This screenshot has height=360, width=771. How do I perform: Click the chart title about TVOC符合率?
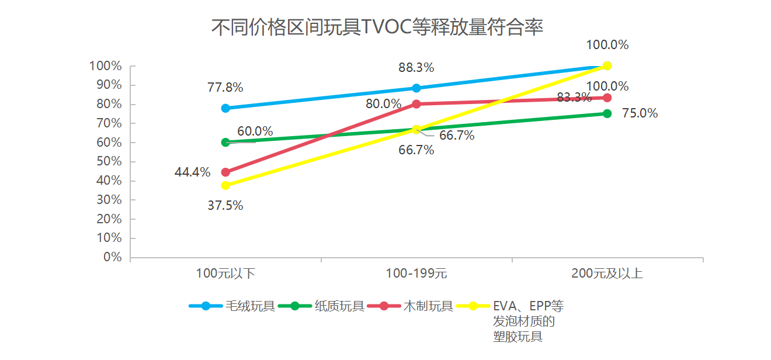coord(377,27)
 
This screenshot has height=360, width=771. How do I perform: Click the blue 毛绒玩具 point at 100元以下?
coord(225,108)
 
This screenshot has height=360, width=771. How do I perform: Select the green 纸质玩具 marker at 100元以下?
coord(225,142)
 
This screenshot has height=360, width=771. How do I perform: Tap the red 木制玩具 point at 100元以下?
coord(225,172)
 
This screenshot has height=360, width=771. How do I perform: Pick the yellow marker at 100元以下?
coord(225,185)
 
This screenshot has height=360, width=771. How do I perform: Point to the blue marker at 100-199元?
coord(416,88)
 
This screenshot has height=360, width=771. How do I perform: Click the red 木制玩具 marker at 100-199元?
coord(416,104)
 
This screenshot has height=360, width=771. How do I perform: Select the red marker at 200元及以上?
coord(607,98)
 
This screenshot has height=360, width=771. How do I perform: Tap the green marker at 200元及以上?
coord(607,113)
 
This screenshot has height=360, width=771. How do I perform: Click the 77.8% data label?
coord(225,88)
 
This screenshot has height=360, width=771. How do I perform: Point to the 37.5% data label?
coord(225,206)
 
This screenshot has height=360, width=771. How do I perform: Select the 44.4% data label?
coord(192,172)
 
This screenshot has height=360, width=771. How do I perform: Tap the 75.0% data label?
coord(640,113)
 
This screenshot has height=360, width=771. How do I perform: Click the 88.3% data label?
coord(416,68)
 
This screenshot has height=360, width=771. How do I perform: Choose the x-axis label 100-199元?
coord(416,273)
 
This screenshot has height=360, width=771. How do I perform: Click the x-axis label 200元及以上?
coord(607,273)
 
